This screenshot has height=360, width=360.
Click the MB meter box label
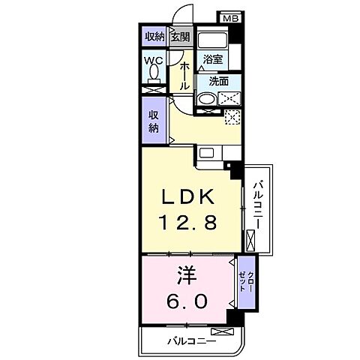pyautogui.click(x=231, y=19)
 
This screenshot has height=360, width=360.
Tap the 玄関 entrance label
pyautogui.click(x=181, y=37)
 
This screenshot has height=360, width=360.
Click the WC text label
pyautogui.click(x=154, y=60)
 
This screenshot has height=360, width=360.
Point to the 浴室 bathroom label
pyautogui.click(x=213, y=59)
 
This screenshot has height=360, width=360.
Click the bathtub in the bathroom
pyautogui.click(x=212, y=40)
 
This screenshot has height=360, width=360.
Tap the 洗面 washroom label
pyautogui.click(x=219, y=81)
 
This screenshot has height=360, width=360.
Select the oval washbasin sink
pyautogui.click(x=207, y=99)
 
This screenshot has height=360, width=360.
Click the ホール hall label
pyautogui.click(x=184, y=76)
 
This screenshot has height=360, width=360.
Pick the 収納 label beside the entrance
pyautogui.click(x=155, y=37)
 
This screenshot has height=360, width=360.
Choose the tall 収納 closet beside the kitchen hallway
pyautogui.click(x=154, y=120)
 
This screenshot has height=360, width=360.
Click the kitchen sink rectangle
pyautogui.click(x=206, y=152)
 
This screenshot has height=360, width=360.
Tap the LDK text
pyautogui.click(x=188, y=196)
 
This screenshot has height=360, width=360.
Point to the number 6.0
pyautogui.click(x=187, y=301)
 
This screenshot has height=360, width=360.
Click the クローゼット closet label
pyautogui.click(x=246, y=281)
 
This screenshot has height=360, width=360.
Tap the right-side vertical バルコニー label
pyautogui.click(x=258, y=205)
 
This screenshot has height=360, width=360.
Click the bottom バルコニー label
pyautogui.click(x=191, y=340)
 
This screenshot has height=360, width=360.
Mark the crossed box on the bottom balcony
pyautogui.click(x=223, y=331)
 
